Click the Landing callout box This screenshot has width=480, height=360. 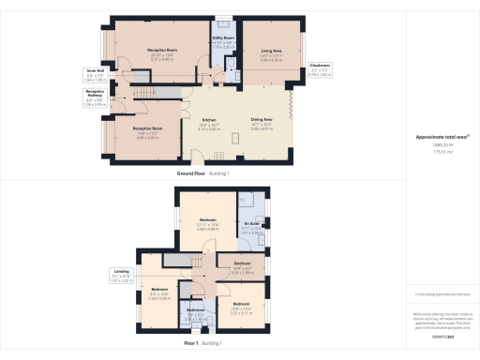(x=121, y=277)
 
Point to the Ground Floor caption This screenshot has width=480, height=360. (x=192, y=175)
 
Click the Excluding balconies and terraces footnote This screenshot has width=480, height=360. (x=442, y=293)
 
